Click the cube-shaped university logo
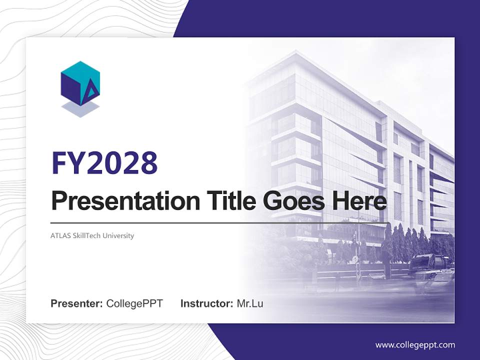[x=80, y=83]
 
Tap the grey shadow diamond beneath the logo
[x=80, y=108]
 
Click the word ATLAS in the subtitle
[x=60, y=235]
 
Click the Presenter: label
[x=77, y=303]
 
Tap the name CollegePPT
[x=134, y=303]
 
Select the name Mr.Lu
[x=249, y=303]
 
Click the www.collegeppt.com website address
[x=415, y=345]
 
